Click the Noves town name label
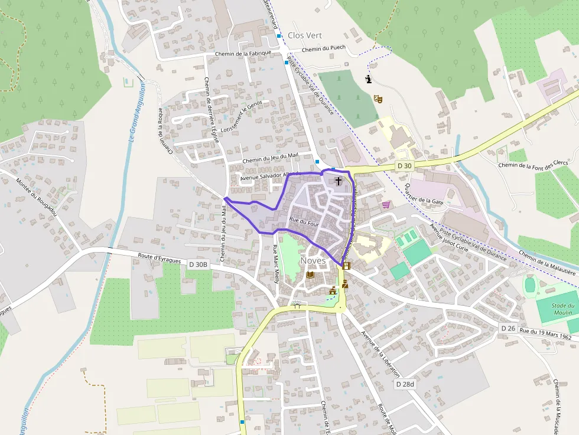pyautogui.click(x=313, y=261)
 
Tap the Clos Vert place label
pyautogui.click(x=305, y=35)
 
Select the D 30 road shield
pyautogui.click(x=405, y=166)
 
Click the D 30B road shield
pyautogui.click(x=199, y=264)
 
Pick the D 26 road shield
pyautogui.click(x=508, y=328)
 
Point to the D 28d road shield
pyautogui.click(x=405, y=384)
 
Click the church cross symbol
pyautogui.click(x=338, y=181)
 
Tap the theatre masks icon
pyautogui.click(x=378, y=99)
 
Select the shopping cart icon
pyautogui.click(x=386, y=205)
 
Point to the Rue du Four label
pyautogui.click(x=304, y=223)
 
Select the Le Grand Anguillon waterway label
pyautogui.click(x=136, y=112)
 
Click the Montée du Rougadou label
pyautogui.click(x=37, y=198)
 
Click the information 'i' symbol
pyautogui.click(x=369, y=79)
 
